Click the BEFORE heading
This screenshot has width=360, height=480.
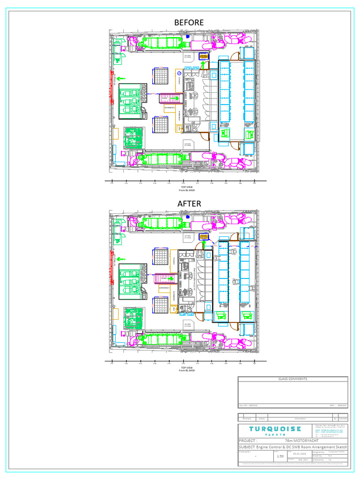click(x=189, y=22)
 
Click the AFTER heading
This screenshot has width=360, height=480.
click(x=189, y=204)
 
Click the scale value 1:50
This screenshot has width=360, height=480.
click(x=280, y=456)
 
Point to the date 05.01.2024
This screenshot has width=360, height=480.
click(x=300, y=453)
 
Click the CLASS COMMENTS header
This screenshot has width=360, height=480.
click(x=292, y=379)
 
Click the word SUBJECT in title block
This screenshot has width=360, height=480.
click(x=249, y=447)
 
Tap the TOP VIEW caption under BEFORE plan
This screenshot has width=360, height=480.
click(x=187, y=187)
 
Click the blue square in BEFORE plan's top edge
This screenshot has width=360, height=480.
click(x=187, y=36)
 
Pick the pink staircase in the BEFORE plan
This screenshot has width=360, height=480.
click(x=170, y=98)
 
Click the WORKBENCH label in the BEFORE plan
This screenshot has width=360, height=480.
click(x=170, y=108)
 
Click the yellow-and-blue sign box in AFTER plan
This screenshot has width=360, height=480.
click(x=203, y=236)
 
